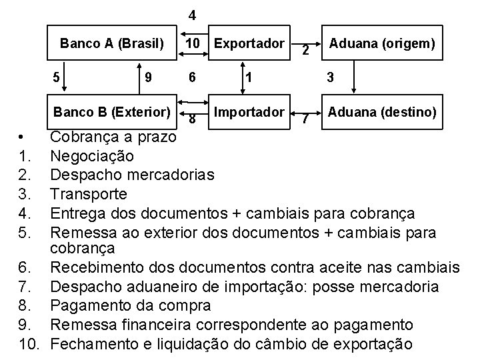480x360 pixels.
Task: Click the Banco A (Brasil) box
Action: [112, 44]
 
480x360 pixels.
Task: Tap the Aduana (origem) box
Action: [382, 44]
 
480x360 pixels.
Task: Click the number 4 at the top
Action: [191, 15]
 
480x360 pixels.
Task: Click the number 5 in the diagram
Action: [57, 77]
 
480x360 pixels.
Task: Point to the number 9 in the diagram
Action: [149, 77]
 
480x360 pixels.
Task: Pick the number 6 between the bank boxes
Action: [191, 77]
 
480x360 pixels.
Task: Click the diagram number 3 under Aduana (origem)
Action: [330, 77]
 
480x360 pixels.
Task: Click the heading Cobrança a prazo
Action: [113, 137]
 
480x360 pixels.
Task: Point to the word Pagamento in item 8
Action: [87, 306]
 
